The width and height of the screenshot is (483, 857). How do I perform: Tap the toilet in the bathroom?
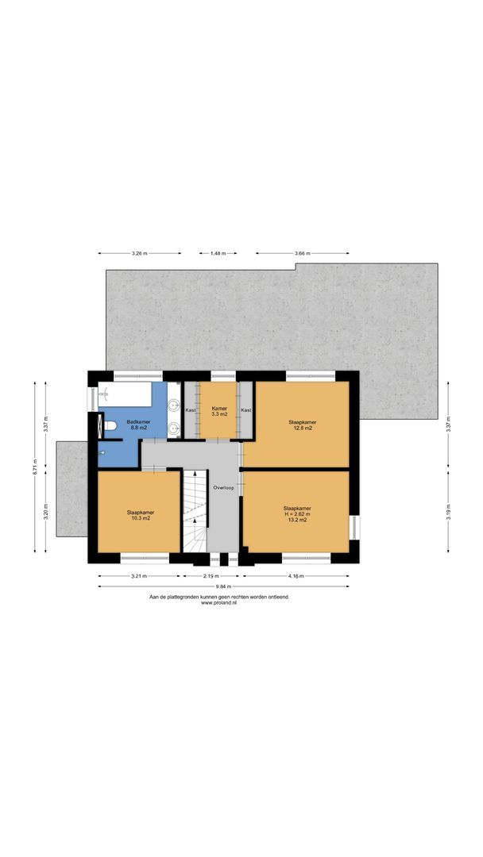point(110,426)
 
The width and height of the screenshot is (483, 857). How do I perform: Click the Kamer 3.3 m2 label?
point(219,411)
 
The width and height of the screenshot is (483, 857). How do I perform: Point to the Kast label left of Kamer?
point(191,410)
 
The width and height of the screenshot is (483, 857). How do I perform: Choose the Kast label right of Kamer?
point(246,410)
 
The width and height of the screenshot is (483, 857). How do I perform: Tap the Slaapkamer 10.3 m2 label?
point(140,515)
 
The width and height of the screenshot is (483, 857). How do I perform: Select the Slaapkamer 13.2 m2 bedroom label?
point(297,514)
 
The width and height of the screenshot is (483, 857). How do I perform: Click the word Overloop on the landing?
point(224,488)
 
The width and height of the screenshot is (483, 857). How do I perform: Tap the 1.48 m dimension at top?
point(218,253)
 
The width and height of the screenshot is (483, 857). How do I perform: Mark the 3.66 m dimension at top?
point(302,253)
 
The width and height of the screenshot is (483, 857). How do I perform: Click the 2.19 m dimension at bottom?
point(211,576)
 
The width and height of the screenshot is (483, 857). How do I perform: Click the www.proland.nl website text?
point(218,602)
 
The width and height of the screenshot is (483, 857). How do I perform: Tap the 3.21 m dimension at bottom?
point(139,576)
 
